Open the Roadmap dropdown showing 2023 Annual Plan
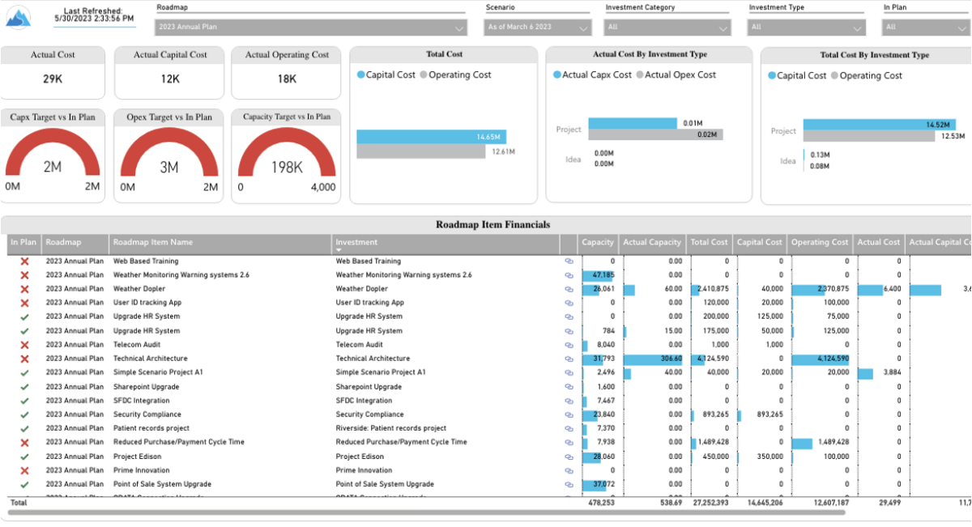(311, 28)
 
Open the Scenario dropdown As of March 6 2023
(539, 28)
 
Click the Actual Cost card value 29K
(53, 79)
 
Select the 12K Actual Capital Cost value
(170, 79)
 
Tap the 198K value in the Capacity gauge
(287, 168)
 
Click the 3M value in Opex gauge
(169, 168)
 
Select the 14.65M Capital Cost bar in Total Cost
(430, 137)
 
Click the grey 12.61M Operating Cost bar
(421, 151)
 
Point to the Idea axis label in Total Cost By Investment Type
(787, 161)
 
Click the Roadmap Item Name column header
(153, 242)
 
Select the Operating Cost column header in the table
(820, 242)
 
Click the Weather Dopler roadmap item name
(139, 289)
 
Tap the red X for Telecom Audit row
(24, 345)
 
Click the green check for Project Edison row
(24, 457)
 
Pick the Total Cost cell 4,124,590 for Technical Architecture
(710, 359)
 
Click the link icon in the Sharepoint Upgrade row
(569, 387)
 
